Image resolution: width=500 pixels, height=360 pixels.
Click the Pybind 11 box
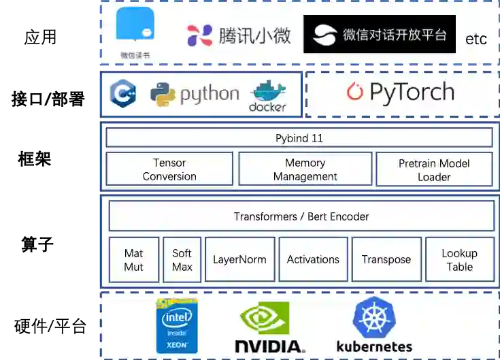tap(299, 138)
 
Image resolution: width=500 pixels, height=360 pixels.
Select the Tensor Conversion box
tap(169, 169)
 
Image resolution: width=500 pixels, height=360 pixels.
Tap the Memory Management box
tap(305, 169)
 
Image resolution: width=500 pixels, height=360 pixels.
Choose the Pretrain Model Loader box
tap(434, 169)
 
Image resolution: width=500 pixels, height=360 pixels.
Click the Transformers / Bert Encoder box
tap(301, 216)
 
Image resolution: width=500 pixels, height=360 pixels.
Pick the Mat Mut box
tap(133, 259)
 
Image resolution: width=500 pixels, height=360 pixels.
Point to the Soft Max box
tap(182, 259)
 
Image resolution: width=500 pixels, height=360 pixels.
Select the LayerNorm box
tap(239, 259)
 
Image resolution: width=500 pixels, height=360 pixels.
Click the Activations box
tap(313, 259)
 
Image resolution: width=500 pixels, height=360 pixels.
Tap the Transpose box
tap(386, 259)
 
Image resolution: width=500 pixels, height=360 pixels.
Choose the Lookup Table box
tap(459, 259)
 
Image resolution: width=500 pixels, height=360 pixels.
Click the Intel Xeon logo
tap(177, 325)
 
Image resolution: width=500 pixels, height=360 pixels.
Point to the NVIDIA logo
tap(269, 327)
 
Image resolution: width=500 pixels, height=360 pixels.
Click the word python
tap(210, 95)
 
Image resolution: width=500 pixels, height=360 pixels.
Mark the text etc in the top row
tap(476, 39)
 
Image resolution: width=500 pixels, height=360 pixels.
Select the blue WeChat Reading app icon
tap(135, 26)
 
